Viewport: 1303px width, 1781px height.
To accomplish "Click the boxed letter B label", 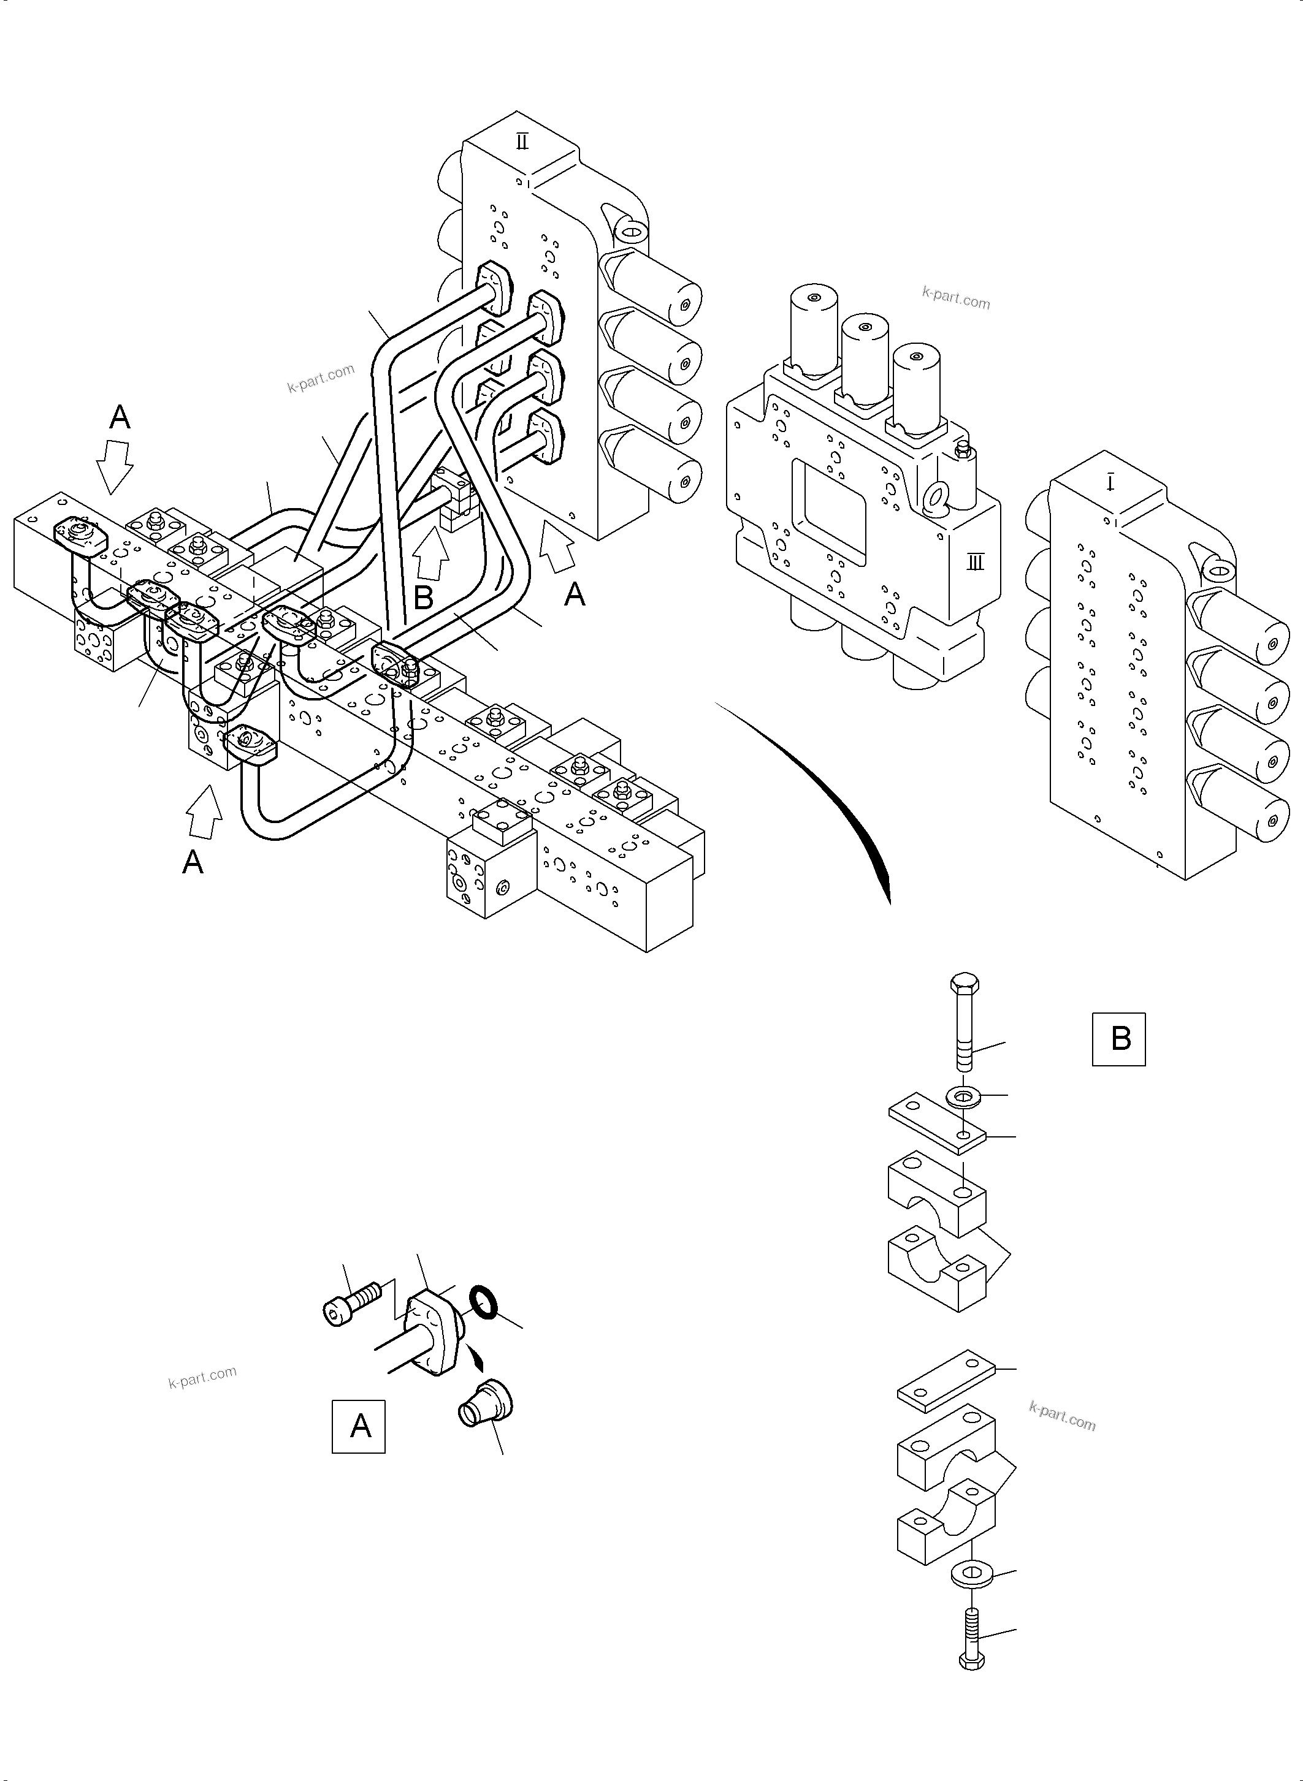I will [x=1118, y=1039].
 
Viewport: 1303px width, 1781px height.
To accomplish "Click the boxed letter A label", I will [x=359, y=1426].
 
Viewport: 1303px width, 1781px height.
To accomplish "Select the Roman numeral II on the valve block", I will [x=522, y=142].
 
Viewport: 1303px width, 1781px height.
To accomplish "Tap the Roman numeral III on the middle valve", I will [x=976, y=562].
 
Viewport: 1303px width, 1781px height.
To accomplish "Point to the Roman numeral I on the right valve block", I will [x=1110, y=482].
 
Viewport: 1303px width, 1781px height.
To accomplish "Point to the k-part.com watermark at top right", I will [x=956, y=298].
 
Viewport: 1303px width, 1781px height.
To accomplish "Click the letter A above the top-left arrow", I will [x=120, y=416].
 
